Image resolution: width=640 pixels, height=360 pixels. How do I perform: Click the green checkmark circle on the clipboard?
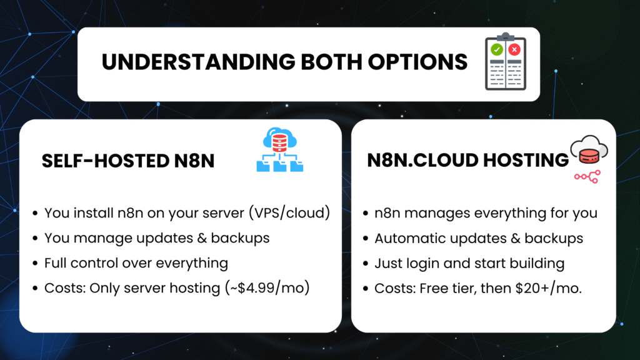[x=497, y=49]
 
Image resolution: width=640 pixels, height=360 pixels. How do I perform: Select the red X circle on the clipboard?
[x=514, y=49]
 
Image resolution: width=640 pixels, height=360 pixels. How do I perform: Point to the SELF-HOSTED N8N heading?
[x=128, y=161]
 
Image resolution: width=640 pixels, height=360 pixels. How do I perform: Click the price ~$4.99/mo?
[x=279, y=289]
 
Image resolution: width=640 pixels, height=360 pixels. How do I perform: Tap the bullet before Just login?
[x=365, y=264]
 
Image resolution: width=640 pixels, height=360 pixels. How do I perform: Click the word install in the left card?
[x=91, y=213]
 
